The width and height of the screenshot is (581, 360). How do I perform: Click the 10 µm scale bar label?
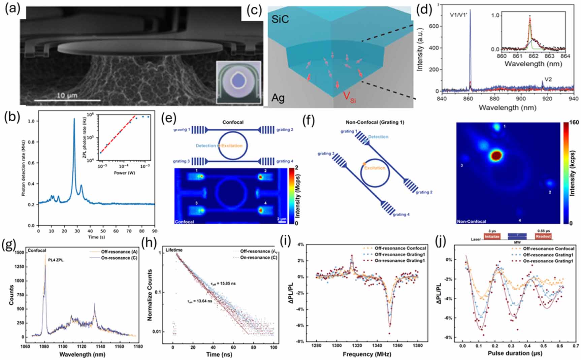[x=67, y=95]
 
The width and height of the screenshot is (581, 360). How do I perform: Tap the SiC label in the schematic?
[x=280, y=19]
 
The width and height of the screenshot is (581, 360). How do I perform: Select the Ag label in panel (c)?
[x=278, y=98]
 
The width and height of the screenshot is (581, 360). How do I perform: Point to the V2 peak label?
[x=548, y=79]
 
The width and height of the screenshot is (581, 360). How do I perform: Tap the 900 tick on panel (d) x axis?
[x=521, y=99]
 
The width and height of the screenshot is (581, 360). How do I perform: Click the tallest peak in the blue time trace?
[x=74, y=119]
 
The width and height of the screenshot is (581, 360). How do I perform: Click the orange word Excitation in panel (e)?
[x=232, y=146]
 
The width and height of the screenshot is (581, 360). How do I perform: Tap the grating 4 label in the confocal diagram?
[x=285, y=161]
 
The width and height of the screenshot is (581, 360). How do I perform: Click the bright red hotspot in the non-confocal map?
[x=496, y=156]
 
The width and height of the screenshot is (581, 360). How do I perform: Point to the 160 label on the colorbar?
[x=574, y=123]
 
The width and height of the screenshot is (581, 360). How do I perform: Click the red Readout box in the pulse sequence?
[x=543, y=236]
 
